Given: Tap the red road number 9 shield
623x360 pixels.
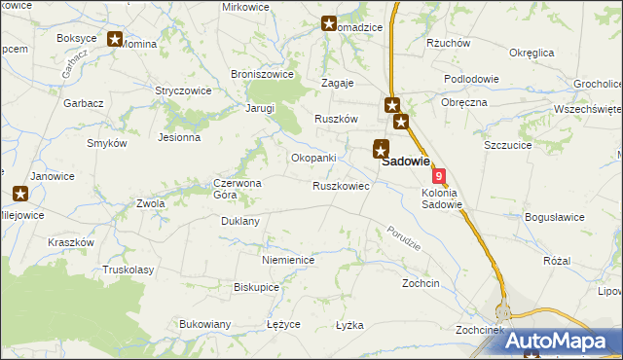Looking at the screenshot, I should tap(440, 176).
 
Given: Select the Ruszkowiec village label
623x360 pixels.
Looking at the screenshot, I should tap(341, 185).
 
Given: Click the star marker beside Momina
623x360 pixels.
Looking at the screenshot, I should tap(115, 40).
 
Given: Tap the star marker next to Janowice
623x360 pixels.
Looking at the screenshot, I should tap(18, 194).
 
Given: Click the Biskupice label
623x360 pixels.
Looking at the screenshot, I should tap(257, 287).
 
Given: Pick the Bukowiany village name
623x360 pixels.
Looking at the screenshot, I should tap(204, 323).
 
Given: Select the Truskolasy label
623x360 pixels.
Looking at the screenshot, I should tap(128, 270).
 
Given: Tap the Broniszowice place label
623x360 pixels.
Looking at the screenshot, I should tap(262, 74).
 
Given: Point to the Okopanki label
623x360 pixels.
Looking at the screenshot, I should tap(313, 158).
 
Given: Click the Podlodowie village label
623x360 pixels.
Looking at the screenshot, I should tap(471, 79).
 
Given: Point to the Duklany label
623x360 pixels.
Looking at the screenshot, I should tap(240, 221).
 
